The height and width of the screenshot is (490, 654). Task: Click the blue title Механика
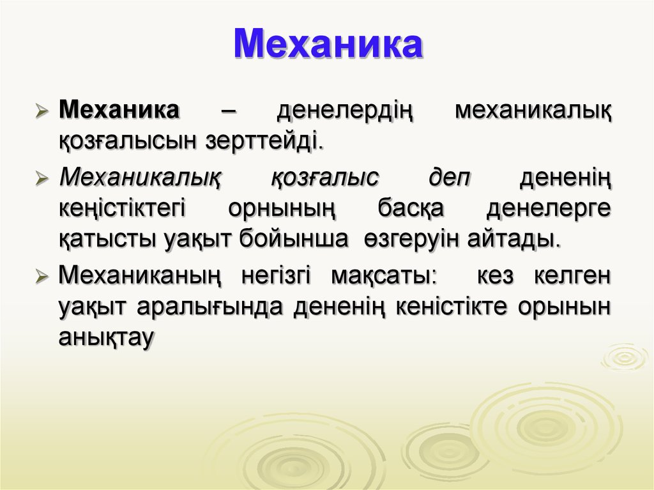pos(328,44)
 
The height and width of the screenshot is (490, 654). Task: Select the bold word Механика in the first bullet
pos(119,109)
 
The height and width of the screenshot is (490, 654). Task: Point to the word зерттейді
pos(264,141)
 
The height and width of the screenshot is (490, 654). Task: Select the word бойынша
pos(294,239)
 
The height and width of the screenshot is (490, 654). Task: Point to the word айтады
pos(514,239)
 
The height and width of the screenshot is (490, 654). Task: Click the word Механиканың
pos(140,276)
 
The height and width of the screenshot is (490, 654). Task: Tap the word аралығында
pos(209,307)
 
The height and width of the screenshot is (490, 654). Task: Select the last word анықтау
pos(107,337)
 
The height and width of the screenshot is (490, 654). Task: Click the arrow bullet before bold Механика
pos(42,111)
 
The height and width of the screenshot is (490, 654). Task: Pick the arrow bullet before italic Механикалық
pos(42,178)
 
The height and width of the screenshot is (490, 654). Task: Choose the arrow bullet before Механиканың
pos(42,276)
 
